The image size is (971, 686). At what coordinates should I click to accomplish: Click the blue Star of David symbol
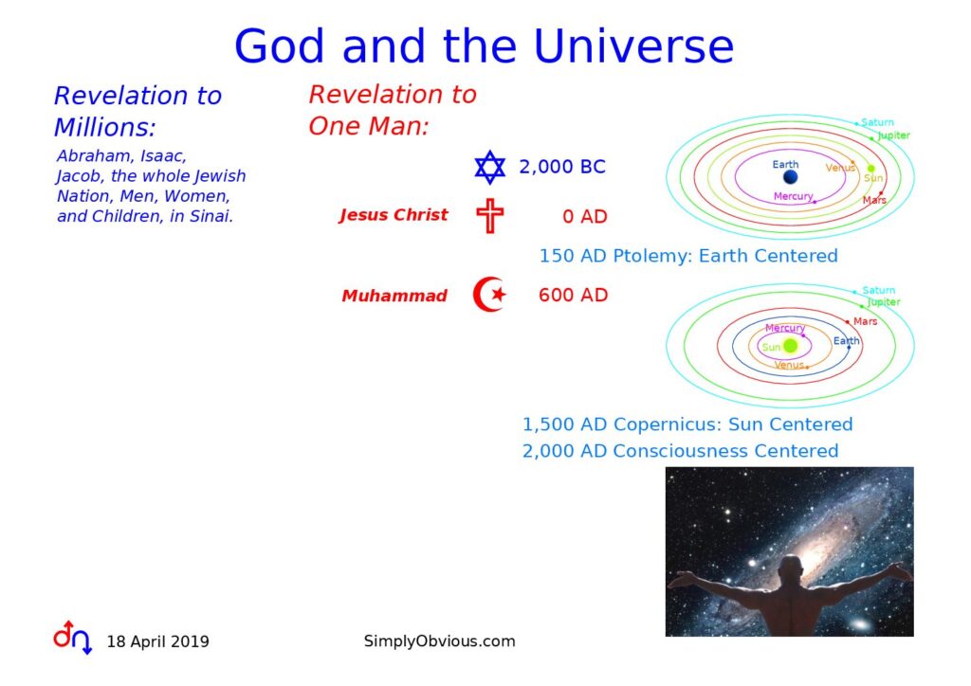(x=490, y=167)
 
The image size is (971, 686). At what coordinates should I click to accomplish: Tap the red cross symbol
(x=490, y=216)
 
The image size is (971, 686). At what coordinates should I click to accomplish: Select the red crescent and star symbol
(x=490, y=295)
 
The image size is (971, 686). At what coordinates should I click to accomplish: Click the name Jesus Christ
(x=394, y=215)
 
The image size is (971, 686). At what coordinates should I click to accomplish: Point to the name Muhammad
(x=394, y=296)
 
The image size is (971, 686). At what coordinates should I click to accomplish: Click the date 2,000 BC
(x=561, y=167)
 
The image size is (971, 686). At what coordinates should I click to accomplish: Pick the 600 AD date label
(x=573, y=295)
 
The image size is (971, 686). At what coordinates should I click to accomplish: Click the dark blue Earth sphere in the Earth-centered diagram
(x=790, y=177)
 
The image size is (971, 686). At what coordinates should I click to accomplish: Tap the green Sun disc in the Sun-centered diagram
(x=790, y=346)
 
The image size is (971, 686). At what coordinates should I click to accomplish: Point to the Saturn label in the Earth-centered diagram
(x=877, y=122)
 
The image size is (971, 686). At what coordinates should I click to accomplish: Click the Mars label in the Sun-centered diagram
(x=865, y=321)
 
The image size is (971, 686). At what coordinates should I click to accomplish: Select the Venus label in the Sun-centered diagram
(x=789, y=365)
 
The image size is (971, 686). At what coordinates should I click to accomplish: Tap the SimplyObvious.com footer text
(x=440, y=641)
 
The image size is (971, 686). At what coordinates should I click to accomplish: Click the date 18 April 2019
(x=158, y=641)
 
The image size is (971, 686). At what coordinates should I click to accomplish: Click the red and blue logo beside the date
(x=72, y=637)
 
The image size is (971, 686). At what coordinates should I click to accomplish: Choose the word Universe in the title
(x=633, y=46)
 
